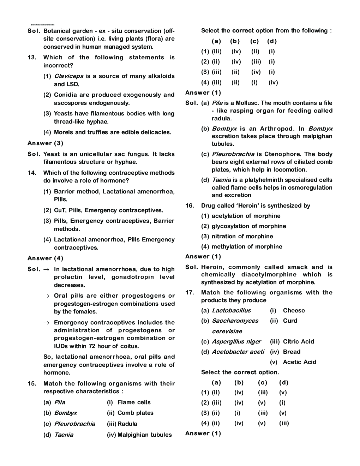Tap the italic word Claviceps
pos(68,76)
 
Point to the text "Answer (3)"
pos(46,143)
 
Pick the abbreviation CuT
pos(60,210)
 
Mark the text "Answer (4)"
pos(46,258)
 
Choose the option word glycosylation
pos(231,226)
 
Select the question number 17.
pos(190,293)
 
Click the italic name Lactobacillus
pos(231,311)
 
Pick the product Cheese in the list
pos(294,311)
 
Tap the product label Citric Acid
pos(298,342)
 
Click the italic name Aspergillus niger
pos(236,342)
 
